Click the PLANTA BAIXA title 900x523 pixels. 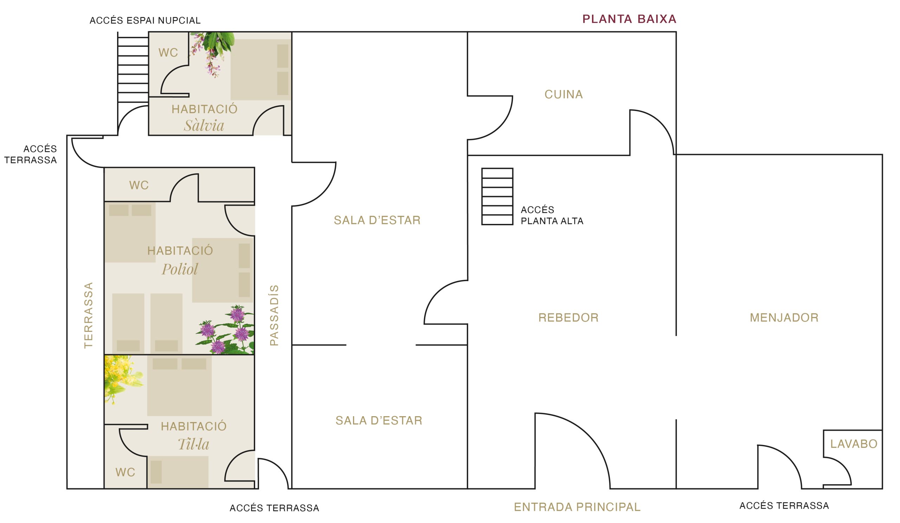tap(629, 19)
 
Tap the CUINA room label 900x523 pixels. tap(564, 95)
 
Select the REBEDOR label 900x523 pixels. tap(568, 318)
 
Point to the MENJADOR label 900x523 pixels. tap(784, 318)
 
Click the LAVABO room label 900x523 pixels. tap(854, 444)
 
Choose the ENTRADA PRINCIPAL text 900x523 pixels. tap(577, 507)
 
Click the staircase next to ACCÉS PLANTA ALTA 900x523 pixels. tap(497, 197)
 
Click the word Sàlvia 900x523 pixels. tap(204, 125)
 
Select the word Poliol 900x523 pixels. tap(180, 269)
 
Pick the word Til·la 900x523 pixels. tap(194, 444)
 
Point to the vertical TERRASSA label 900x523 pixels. tap(88, 315)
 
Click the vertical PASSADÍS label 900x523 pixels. tap(274, 316)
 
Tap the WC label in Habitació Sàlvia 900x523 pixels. tap(168, 53)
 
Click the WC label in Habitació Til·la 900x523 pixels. tap(126, 473)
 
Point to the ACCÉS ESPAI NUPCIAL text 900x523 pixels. tap(145, 21)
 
